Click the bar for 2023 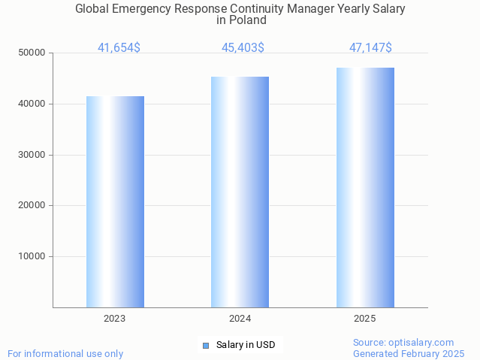point(115,201)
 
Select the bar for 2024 point(240,192)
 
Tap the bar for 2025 point(365,187)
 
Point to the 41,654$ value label point(119,47)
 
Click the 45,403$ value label point(243,47)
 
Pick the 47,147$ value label point(370,47)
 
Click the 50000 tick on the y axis point(32,53)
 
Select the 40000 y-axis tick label point(32,104)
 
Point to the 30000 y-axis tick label point(32,155)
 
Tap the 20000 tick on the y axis point(32,205)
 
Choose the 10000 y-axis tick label point(32,256)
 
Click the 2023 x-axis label point(115,319)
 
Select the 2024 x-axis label point(240,319)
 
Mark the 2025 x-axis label point(365,319)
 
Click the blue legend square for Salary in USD point(205,345)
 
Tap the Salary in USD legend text point(246,345)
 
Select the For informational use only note point(65,353)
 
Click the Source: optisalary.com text point(403,342)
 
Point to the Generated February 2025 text point(409,353)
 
